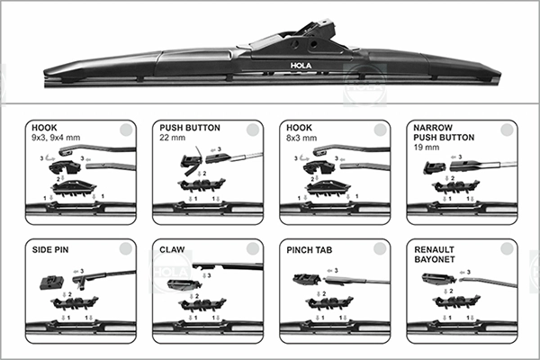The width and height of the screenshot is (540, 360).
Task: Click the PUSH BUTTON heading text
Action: tap(188, 129)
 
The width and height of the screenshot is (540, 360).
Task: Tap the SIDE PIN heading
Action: tap(51, 248)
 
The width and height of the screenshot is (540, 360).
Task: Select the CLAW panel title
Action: tap(173, 248)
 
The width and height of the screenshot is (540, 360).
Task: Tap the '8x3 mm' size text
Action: tap(300, 139)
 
